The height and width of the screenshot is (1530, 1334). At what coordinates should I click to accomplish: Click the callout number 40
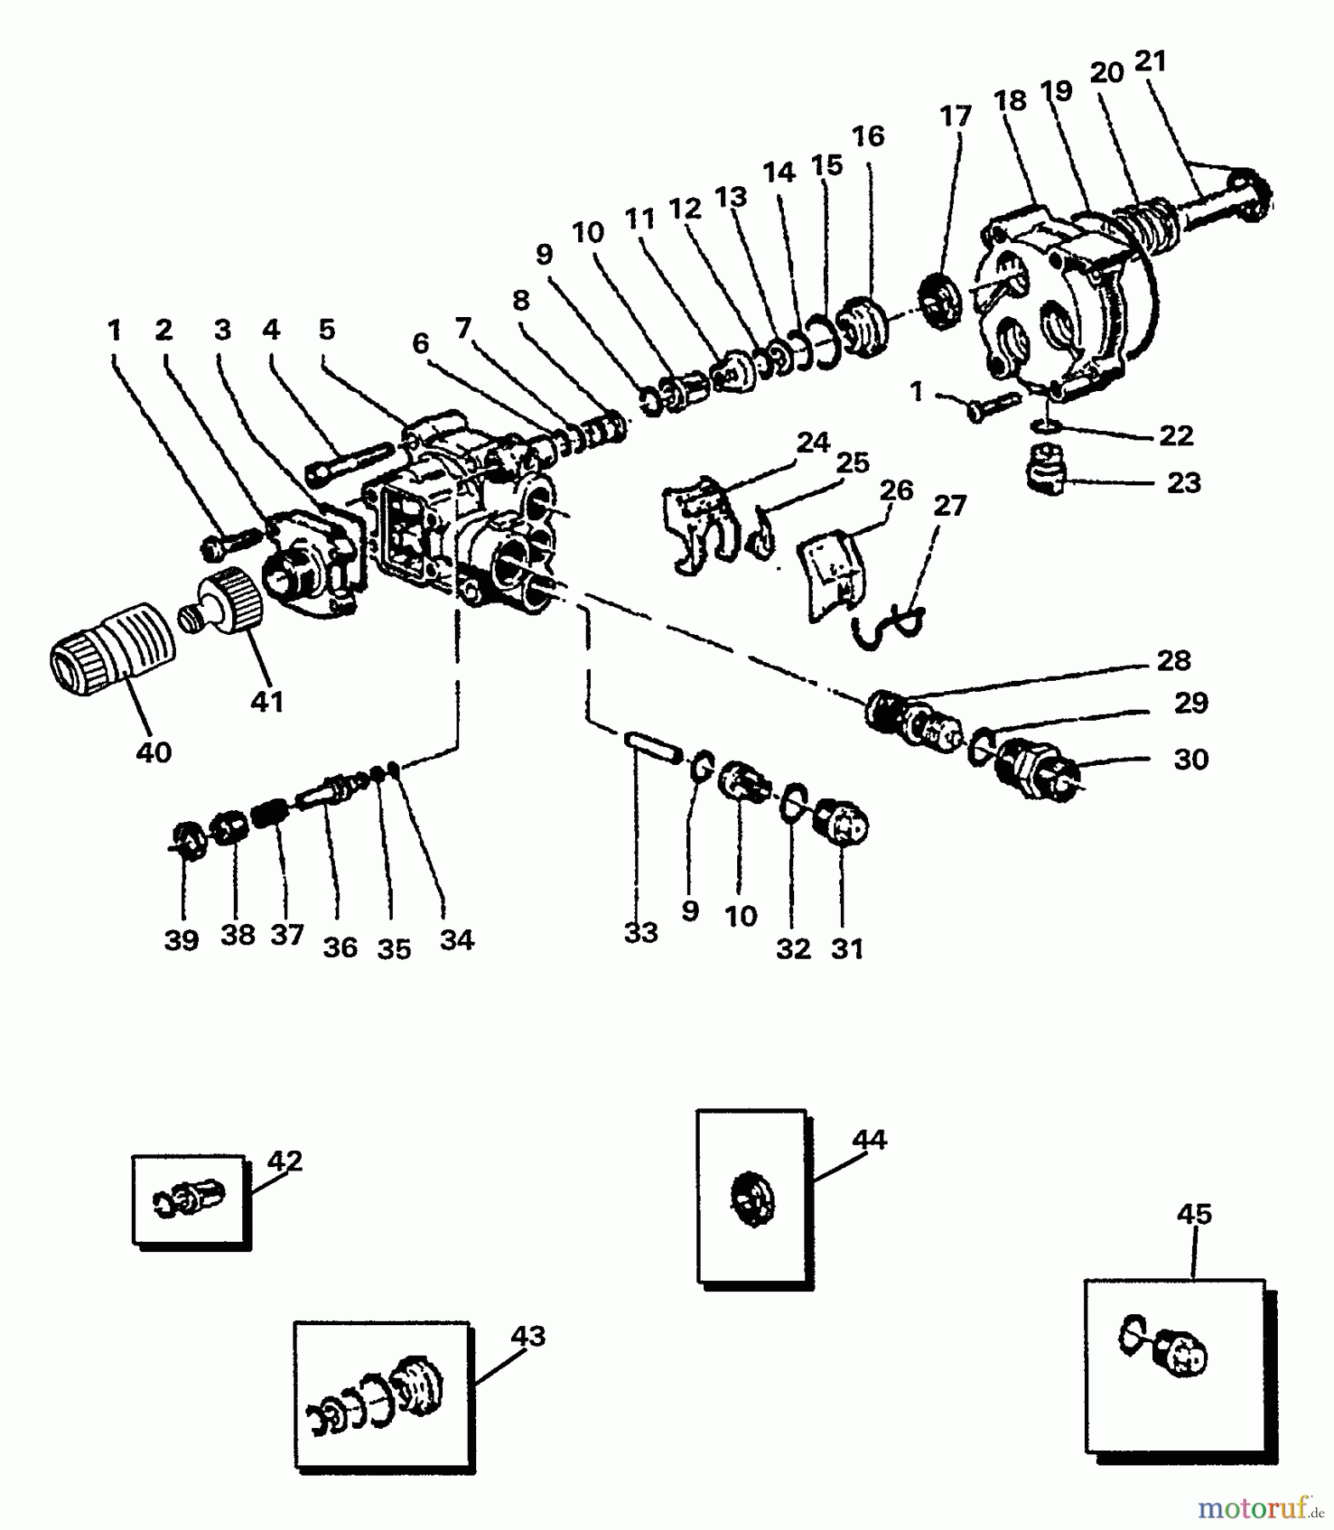[x=153, y=752]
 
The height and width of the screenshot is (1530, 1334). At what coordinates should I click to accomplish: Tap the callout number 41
[x=266, y=702]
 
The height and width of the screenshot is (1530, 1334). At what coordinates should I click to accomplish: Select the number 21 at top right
[x=1150, y=61]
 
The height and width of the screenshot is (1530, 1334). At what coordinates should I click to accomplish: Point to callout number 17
[x=955, y=116]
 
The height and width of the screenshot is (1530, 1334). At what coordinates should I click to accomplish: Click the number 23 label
[x=1184, y=483]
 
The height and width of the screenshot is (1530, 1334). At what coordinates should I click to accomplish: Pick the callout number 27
[x=950, y=506]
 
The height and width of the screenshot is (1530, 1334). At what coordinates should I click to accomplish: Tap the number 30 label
[x=1190, y=759]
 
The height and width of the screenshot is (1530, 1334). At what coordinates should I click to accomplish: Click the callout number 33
[x=640, y=932]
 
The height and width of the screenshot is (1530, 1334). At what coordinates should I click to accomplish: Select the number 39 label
[x=181, y=940]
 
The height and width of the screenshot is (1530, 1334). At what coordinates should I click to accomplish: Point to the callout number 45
[x=1194, y=1214]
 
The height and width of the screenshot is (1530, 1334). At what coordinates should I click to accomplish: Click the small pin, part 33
[x=653, y=746]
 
